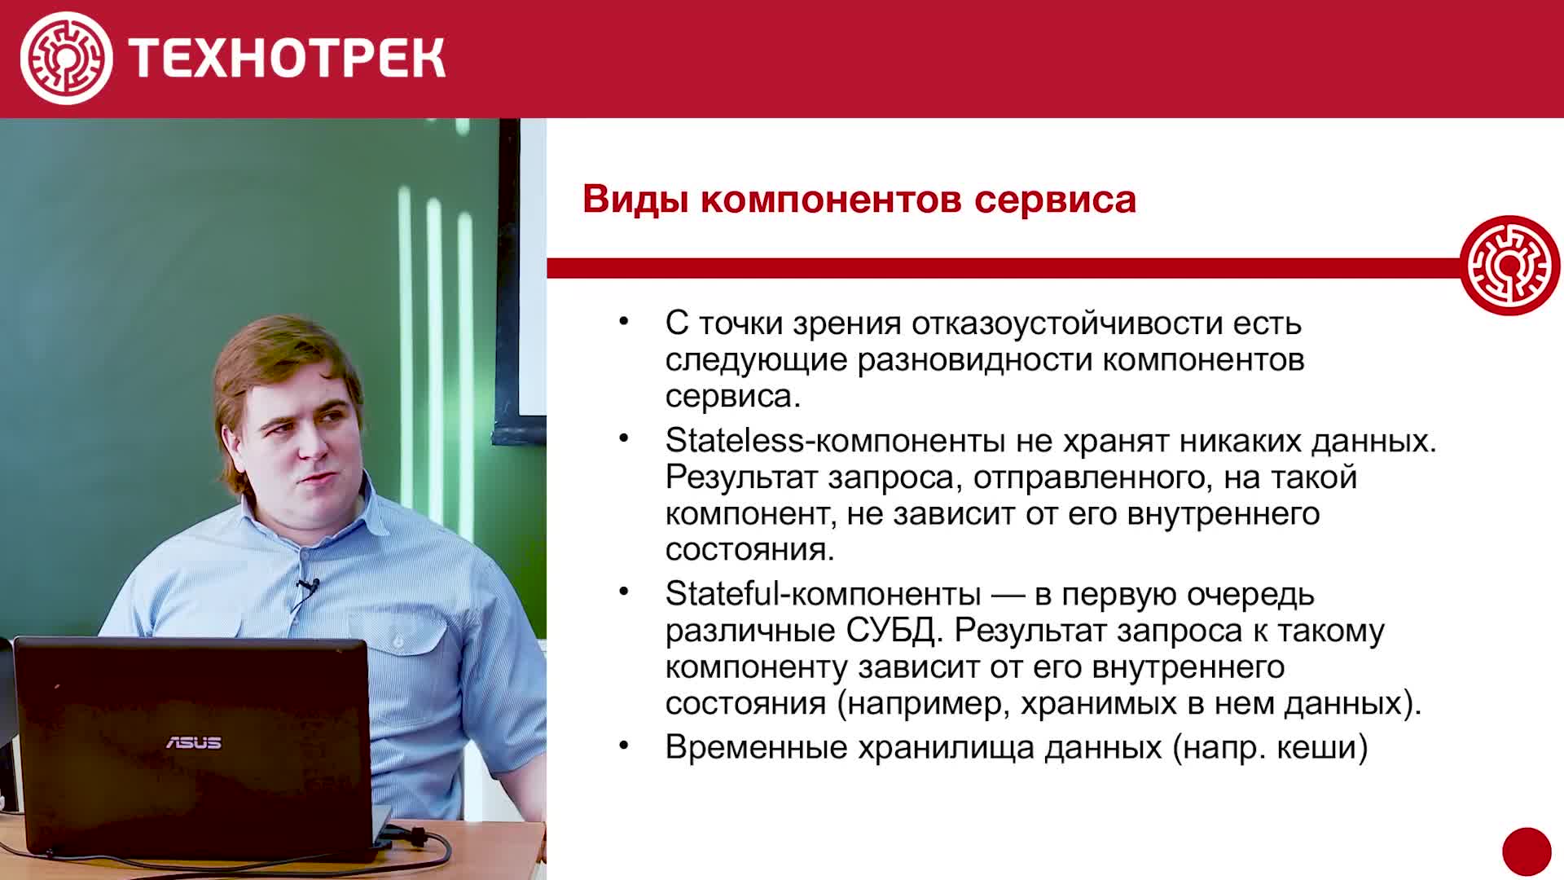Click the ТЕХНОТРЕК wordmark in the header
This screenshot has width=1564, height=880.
coord(287,58)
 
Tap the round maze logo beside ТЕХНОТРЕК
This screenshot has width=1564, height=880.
coord(67,58)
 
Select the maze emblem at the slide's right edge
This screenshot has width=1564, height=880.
coord(1509,266)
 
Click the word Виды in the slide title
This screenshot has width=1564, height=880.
coord(636,200)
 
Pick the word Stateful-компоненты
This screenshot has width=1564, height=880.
coord(823,594)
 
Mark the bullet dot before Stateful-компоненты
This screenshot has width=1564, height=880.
coord(624,592)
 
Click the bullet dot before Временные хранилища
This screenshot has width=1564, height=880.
coord(624,745)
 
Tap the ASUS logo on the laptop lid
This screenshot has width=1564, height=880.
coord(194,742)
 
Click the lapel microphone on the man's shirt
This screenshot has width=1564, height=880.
coord(309,586)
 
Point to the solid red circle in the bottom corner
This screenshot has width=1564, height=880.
coord(1527,852)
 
